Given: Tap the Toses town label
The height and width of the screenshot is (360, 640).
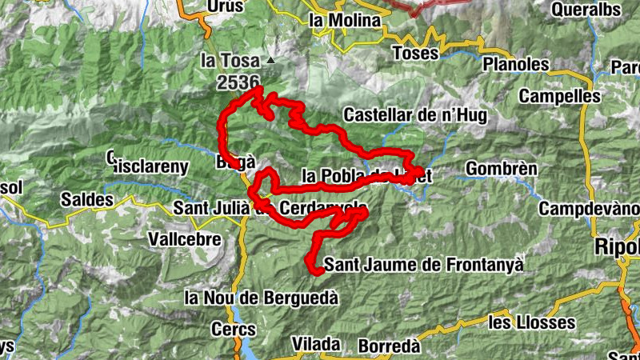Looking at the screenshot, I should coord(416,53).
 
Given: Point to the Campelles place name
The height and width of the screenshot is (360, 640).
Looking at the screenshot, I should coord(559,96).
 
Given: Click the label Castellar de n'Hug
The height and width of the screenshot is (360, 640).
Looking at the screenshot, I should coord(414,115).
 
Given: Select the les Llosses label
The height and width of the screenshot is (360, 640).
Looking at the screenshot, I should coord(532,322).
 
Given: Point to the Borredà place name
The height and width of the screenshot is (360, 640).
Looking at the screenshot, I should coord(389,346).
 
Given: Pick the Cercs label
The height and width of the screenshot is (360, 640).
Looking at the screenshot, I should coord(233,329).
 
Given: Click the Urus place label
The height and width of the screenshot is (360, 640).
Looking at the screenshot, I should coord(224,6).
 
